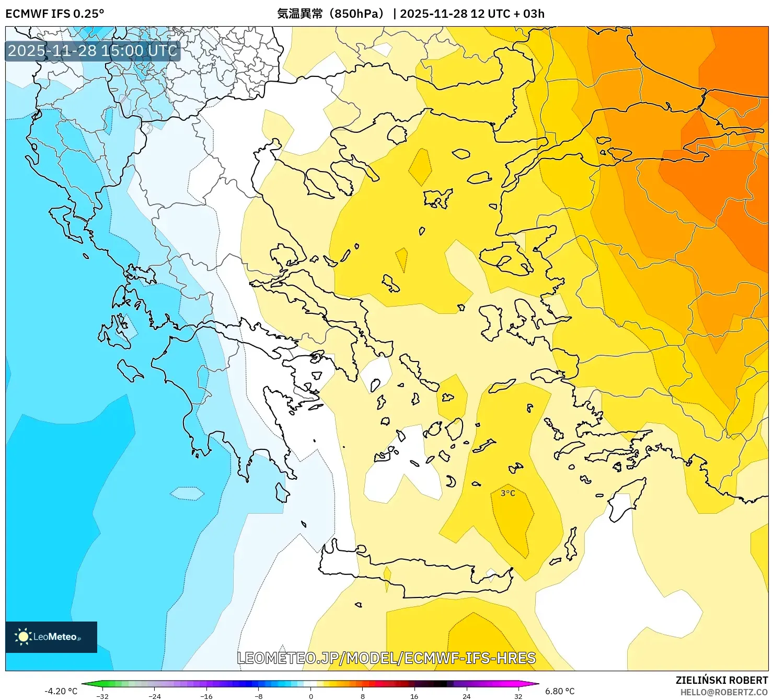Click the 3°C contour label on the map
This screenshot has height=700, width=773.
(x=507, y=493)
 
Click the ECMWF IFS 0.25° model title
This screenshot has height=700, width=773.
(x=55, y=14)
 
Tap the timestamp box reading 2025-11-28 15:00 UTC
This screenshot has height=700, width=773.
(x=93, y=51)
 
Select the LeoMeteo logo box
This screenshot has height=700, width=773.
(x=51, y=637)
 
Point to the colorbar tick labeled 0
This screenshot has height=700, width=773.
(x=311, y=696)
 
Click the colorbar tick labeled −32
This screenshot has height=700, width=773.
(x=102, y=696)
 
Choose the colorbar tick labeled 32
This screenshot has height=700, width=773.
(x=518, y=696)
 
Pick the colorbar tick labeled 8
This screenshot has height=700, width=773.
(x=363, y=696)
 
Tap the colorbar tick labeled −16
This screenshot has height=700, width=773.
(x=206, y=696)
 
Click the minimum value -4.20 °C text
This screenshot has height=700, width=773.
(x=61, y=691)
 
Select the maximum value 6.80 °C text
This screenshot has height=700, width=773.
(x=560, y=691)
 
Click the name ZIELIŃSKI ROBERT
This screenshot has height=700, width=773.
(x=721, y=681)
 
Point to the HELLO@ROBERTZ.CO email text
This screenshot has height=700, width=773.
(x=724, y=692)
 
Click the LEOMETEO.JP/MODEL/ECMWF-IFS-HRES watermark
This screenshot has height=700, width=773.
(x=386, y=658)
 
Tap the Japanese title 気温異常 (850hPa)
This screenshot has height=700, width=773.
(x=330, y=14)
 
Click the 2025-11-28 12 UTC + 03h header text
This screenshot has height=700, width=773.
(x=472, y=14)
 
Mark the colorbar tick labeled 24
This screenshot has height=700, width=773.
(x=466, y=696)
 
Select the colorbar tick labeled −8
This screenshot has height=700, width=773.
(x=259, y=696)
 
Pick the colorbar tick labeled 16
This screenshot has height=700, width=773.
(x=414, y=696)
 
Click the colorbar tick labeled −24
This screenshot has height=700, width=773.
(x=155, y=696)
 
